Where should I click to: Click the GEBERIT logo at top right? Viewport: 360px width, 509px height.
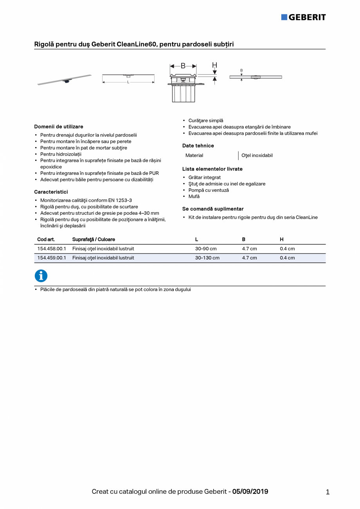click(303, 17)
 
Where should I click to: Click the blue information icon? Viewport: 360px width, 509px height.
click(41, 276)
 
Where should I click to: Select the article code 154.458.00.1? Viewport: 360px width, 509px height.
click(52, 249)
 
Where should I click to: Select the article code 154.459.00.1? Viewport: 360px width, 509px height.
click(52, 258)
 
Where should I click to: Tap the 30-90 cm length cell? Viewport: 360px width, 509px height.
click(206, 249)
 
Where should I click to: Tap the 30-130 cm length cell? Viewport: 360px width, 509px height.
click(207, 258)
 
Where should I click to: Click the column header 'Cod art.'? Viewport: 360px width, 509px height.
click(46, 239)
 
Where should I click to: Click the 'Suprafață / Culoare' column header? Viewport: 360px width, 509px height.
click(94, 239)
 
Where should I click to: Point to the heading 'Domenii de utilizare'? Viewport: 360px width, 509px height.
click(59, 127)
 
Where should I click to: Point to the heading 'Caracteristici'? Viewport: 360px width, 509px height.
click(51, 192)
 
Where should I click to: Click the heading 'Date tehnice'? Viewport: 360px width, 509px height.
click(198, 146)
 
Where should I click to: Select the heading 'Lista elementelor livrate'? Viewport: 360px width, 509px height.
click(212, 169)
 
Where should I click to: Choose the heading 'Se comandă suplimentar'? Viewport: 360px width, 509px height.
click(213, 209)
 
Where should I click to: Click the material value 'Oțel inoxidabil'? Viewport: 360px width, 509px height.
click(257, 156)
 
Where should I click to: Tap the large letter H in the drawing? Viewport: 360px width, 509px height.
click(214, 65)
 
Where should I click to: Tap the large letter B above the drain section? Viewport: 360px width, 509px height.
click(183, 66)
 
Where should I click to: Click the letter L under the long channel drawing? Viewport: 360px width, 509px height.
click(128, 82)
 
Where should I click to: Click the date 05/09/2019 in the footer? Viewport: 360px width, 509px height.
click(250, 492)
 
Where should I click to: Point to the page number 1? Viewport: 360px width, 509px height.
click(328, 493)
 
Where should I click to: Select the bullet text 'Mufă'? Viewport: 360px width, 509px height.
click(194, 196)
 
